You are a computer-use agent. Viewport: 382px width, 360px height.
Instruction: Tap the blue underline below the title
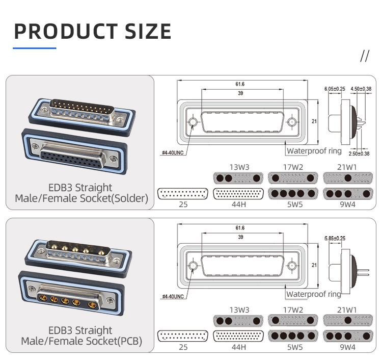click(x=34, y=48)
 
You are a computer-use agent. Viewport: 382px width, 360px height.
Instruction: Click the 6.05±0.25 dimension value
click(x=335, y=89)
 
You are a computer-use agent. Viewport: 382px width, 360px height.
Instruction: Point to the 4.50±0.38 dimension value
click(x=361, y=89)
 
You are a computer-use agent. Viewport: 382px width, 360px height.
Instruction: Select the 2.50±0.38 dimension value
click(x=360, y=153)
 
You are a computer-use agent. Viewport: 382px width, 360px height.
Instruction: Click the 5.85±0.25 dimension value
click(x=335, y=238)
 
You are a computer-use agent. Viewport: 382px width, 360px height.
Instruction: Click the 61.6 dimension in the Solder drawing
click(x=240, y=84)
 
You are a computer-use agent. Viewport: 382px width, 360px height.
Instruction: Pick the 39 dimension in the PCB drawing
click(x=240, y=237)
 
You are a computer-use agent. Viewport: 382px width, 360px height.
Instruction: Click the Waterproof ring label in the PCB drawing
click(x=313, y=294)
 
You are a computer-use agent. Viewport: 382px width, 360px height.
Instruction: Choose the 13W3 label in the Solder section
click(x=239, y=167)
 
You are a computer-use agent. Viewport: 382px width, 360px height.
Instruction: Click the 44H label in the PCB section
click(x=239, y=347)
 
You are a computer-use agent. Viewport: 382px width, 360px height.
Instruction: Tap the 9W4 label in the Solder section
click(x=348, y=204)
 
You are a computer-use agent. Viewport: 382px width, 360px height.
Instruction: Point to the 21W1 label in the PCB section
click(x=348, y=310)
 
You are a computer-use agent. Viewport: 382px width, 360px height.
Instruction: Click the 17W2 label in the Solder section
click(x=293, y=167)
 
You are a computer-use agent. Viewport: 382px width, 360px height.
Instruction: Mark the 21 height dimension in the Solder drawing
click(x=314, y=121)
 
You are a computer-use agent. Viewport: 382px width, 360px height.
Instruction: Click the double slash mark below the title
click(x=364, y=56)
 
